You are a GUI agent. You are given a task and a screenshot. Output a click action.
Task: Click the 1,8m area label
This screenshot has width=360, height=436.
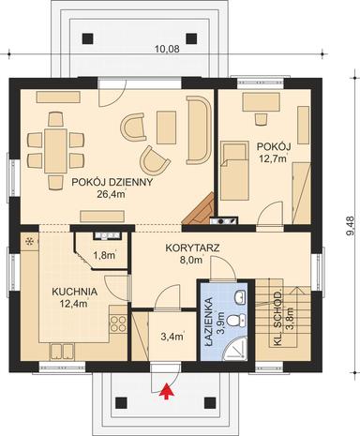point(103,254)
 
